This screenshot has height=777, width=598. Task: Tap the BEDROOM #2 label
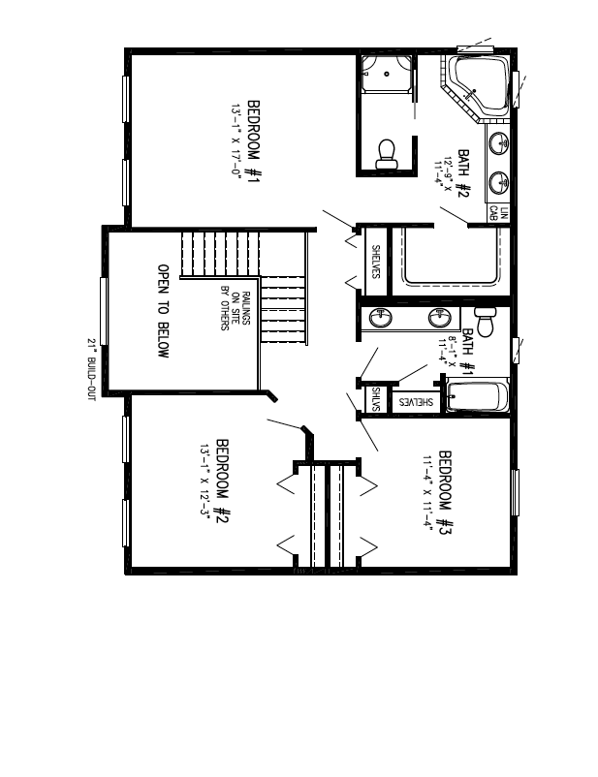click(222, 481)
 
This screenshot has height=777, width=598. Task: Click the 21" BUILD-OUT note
click(91, 369)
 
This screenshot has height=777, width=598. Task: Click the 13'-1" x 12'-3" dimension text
click(205, 481)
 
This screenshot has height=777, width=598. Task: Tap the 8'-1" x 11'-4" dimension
click(445, 351)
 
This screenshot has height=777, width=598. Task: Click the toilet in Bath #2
click(386, 153)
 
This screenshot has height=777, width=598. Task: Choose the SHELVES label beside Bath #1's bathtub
click(414, 400)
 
